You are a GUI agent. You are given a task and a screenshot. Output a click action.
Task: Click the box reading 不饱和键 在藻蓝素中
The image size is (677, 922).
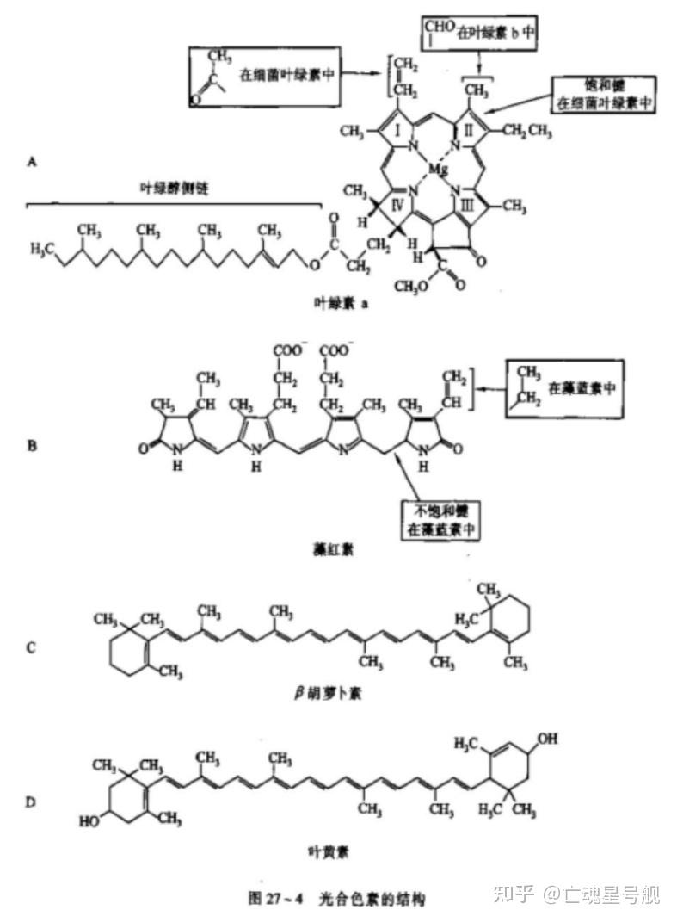pyautogui.click(x=439, y=518)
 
